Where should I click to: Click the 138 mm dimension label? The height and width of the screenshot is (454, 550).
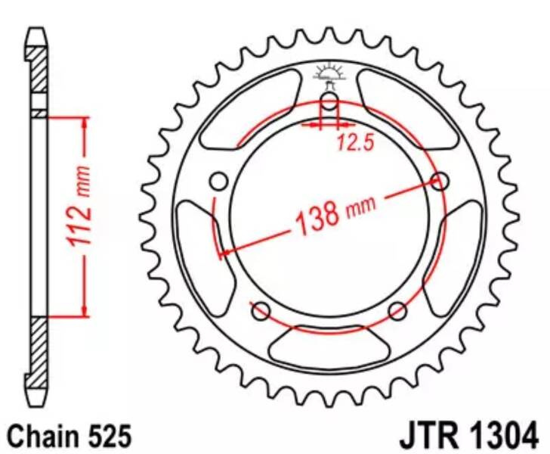click(335, 213)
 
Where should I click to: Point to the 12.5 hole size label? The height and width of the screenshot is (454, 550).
click(355, 142)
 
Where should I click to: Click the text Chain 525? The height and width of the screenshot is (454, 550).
click(70, 436)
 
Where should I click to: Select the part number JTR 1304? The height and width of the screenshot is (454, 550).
click(468, 437)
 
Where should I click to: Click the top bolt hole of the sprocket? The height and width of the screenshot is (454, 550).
click(329, 102)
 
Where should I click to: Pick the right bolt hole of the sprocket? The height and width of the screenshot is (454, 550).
click(440, 182)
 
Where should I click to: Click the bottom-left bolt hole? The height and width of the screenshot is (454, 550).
click(261, 311)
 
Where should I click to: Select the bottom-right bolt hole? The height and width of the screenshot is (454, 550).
click(397, 311)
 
